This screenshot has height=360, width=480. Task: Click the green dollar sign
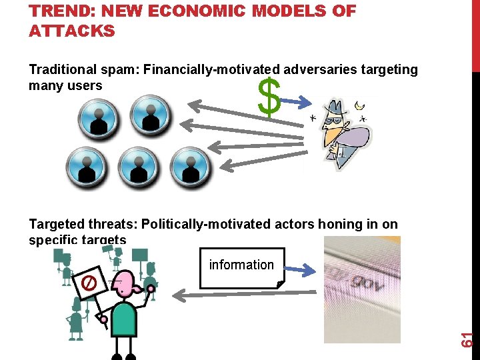(269, 97)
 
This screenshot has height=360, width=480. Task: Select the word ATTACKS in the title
(71, 31)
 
